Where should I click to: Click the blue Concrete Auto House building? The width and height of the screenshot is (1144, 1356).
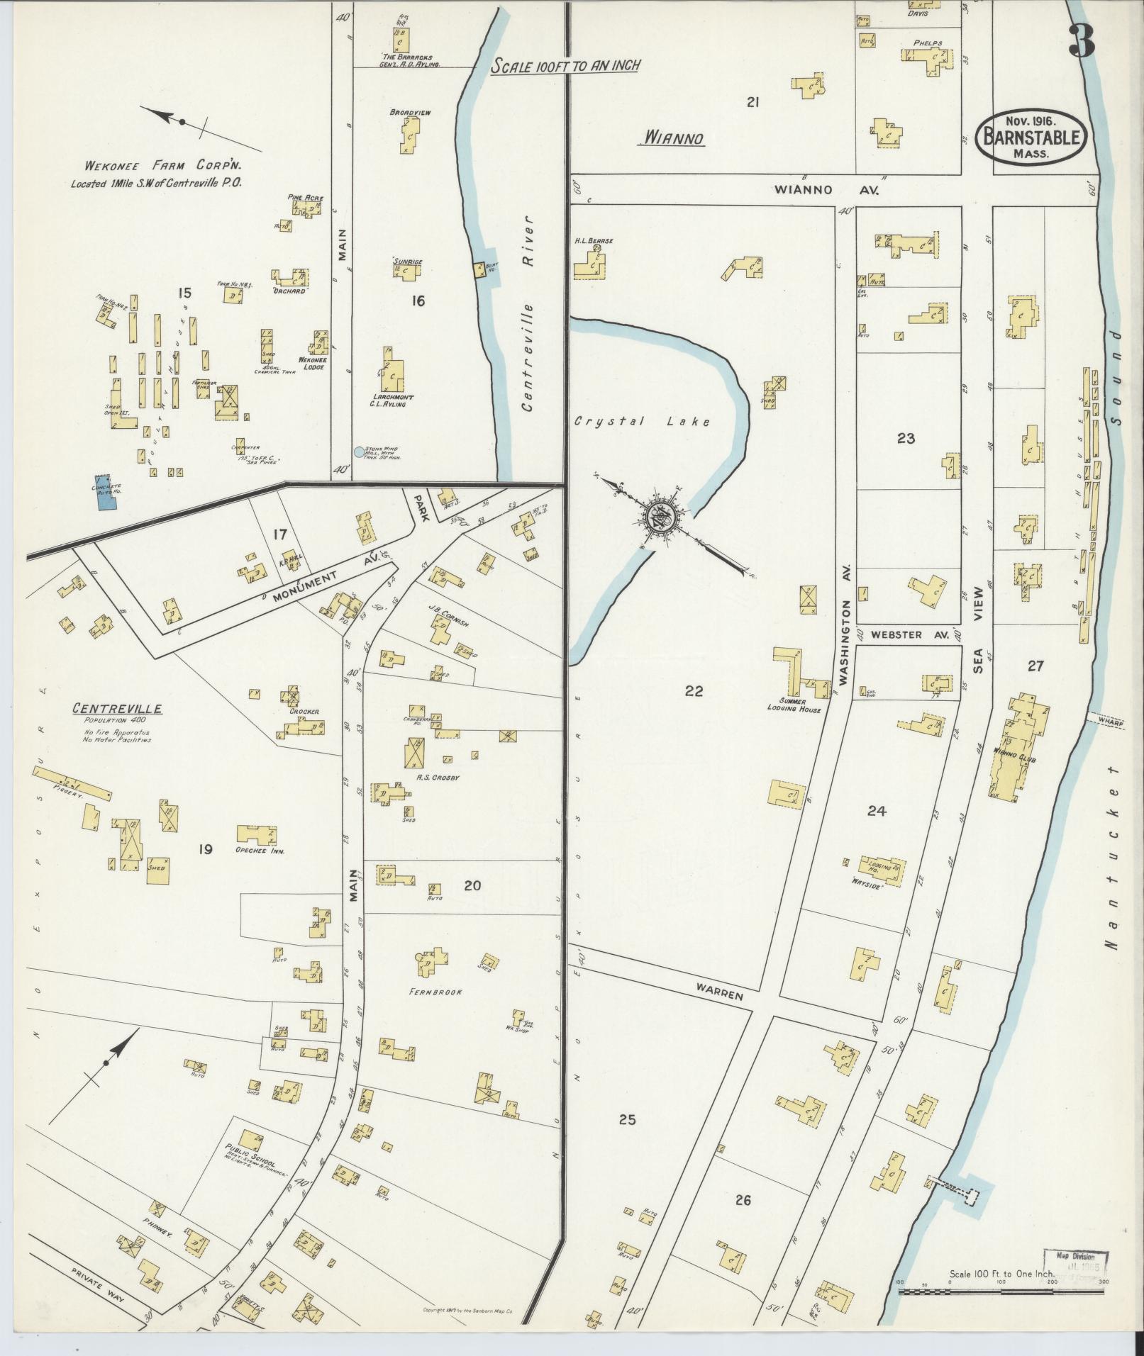tap(105, 492)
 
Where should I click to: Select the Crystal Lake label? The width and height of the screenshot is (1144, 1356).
tap(641, 422)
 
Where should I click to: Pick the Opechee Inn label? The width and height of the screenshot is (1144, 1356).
tap(261, 851)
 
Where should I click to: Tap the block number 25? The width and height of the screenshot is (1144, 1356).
tap(627, 1120)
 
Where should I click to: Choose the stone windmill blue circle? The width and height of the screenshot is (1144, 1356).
tap(359, 452)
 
